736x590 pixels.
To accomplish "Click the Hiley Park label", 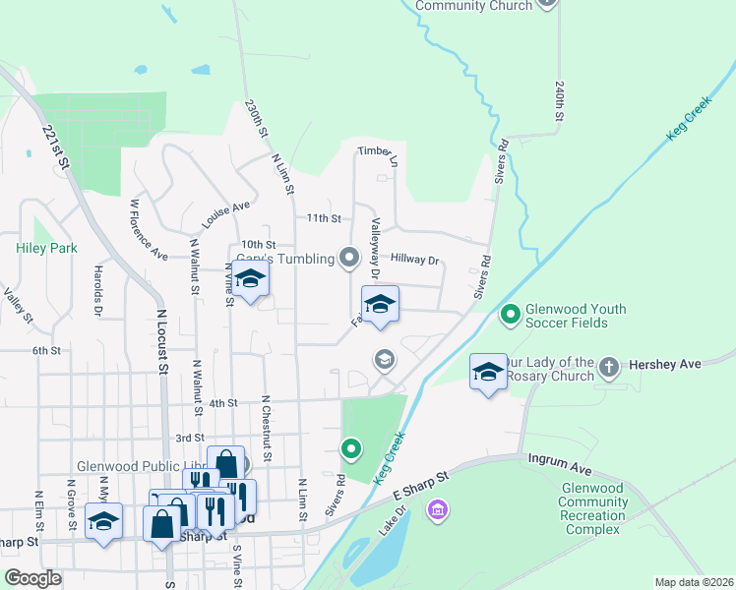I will point(46,249).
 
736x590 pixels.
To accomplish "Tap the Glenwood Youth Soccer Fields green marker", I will point(510,316).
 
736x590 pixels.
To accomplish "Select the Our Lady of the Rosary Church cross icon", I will point(609,368).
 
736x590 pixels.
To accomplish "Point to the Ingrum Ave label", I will point(559,459).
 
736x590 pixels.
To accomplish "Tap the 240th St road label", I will point(558,101).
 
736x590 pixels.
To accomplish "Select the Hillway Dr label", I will point(414,260).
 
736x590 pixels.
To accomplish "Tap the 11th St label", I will point(323,218).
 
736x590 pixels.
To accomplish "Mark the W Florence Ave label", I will point(149,230).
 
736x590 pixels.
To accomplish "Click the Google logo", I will point(32,578).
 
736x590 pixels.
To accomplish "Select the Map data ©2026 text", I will point(694,582).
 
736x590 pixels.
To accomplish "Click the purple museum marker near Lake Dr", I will point(438,510).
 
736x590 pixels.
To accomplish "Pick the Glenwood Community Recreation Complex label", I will point(592,508).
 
